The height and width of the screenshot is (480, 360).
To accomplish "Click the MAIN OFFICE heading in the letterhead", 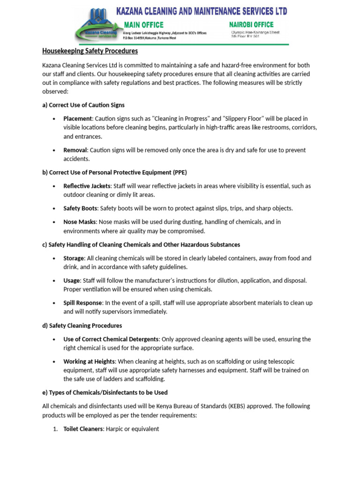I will coord(143,24).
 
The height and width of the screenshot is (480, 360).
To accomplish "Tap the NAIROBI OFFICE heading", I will coord(251,24).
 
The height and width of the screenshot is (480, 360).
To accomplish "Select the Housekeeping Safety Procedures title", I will coord(90,51).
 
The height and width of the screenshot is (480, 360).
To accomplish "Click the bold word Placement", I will coord(77,119).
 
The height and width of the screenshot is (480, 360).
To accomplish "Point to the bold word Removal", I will coord(75,150).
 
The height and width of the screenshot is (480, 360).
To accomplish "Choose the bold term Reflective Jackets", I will coord(87,186).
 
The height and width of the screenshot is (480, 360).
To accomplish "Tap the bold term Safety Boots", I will coord(80,208).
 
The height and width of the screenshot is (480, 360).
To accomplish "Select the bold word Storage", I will coord(74,258).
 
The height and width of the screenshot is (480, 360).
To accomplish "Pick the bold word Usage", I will coord(72,280).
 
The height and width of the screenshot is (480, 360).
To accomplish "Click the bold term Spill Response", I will coord(82,303).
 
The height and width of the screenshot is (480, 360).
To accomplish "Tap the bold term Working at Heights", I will coord(89,361).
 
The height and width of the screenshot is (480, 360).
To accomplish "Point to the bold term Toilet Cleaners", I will coord(83,429).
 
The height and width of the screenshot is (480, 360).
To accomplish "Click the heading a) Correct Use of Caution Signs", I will coord(83,105).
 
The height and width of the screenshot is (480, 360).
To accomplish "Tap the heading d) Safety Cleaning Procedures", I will coord(82,325).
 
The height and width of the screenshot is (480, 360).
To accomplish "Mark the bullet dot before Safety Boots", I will coord(55,209).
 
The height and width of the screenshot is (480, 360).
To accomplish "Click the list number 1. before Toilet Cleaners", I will coord(55,429).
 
